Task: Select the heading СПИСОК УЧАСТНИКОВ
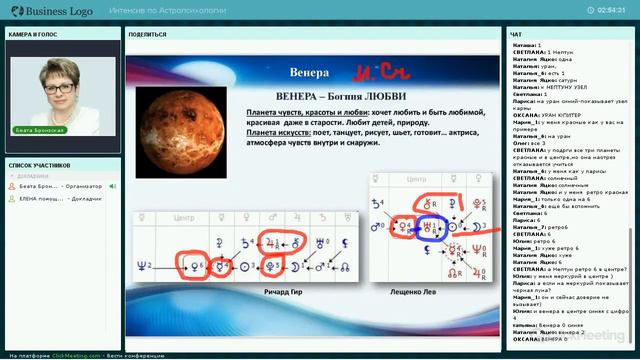coord(39,164)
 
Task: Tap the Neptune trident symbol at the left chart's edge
coord(143,264)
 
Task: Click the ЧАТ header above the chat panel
coord(517,34)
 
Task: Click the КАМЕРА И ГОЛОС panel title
coord(34,34)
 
